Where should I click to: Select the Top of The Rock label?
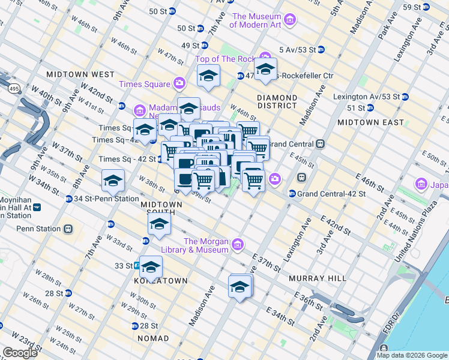tap(226, 59)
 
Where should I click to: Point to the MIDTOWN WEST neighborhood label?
tap(80, 74)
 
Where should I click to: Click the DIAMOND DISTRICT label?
tap(277, 101)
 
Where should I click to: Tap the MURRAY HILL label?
tap(317, 278)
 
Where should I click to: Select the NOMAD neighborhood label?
tap(153, 338)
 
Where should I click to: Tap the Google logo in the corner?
tap(20, 353)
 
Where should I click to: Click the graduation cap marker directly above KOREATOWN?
tap(151, 265)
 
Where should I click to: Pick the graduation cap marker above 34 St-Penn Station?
tap(113, 179)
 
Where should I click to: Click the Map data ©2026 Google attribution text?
tap(411, 355)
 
